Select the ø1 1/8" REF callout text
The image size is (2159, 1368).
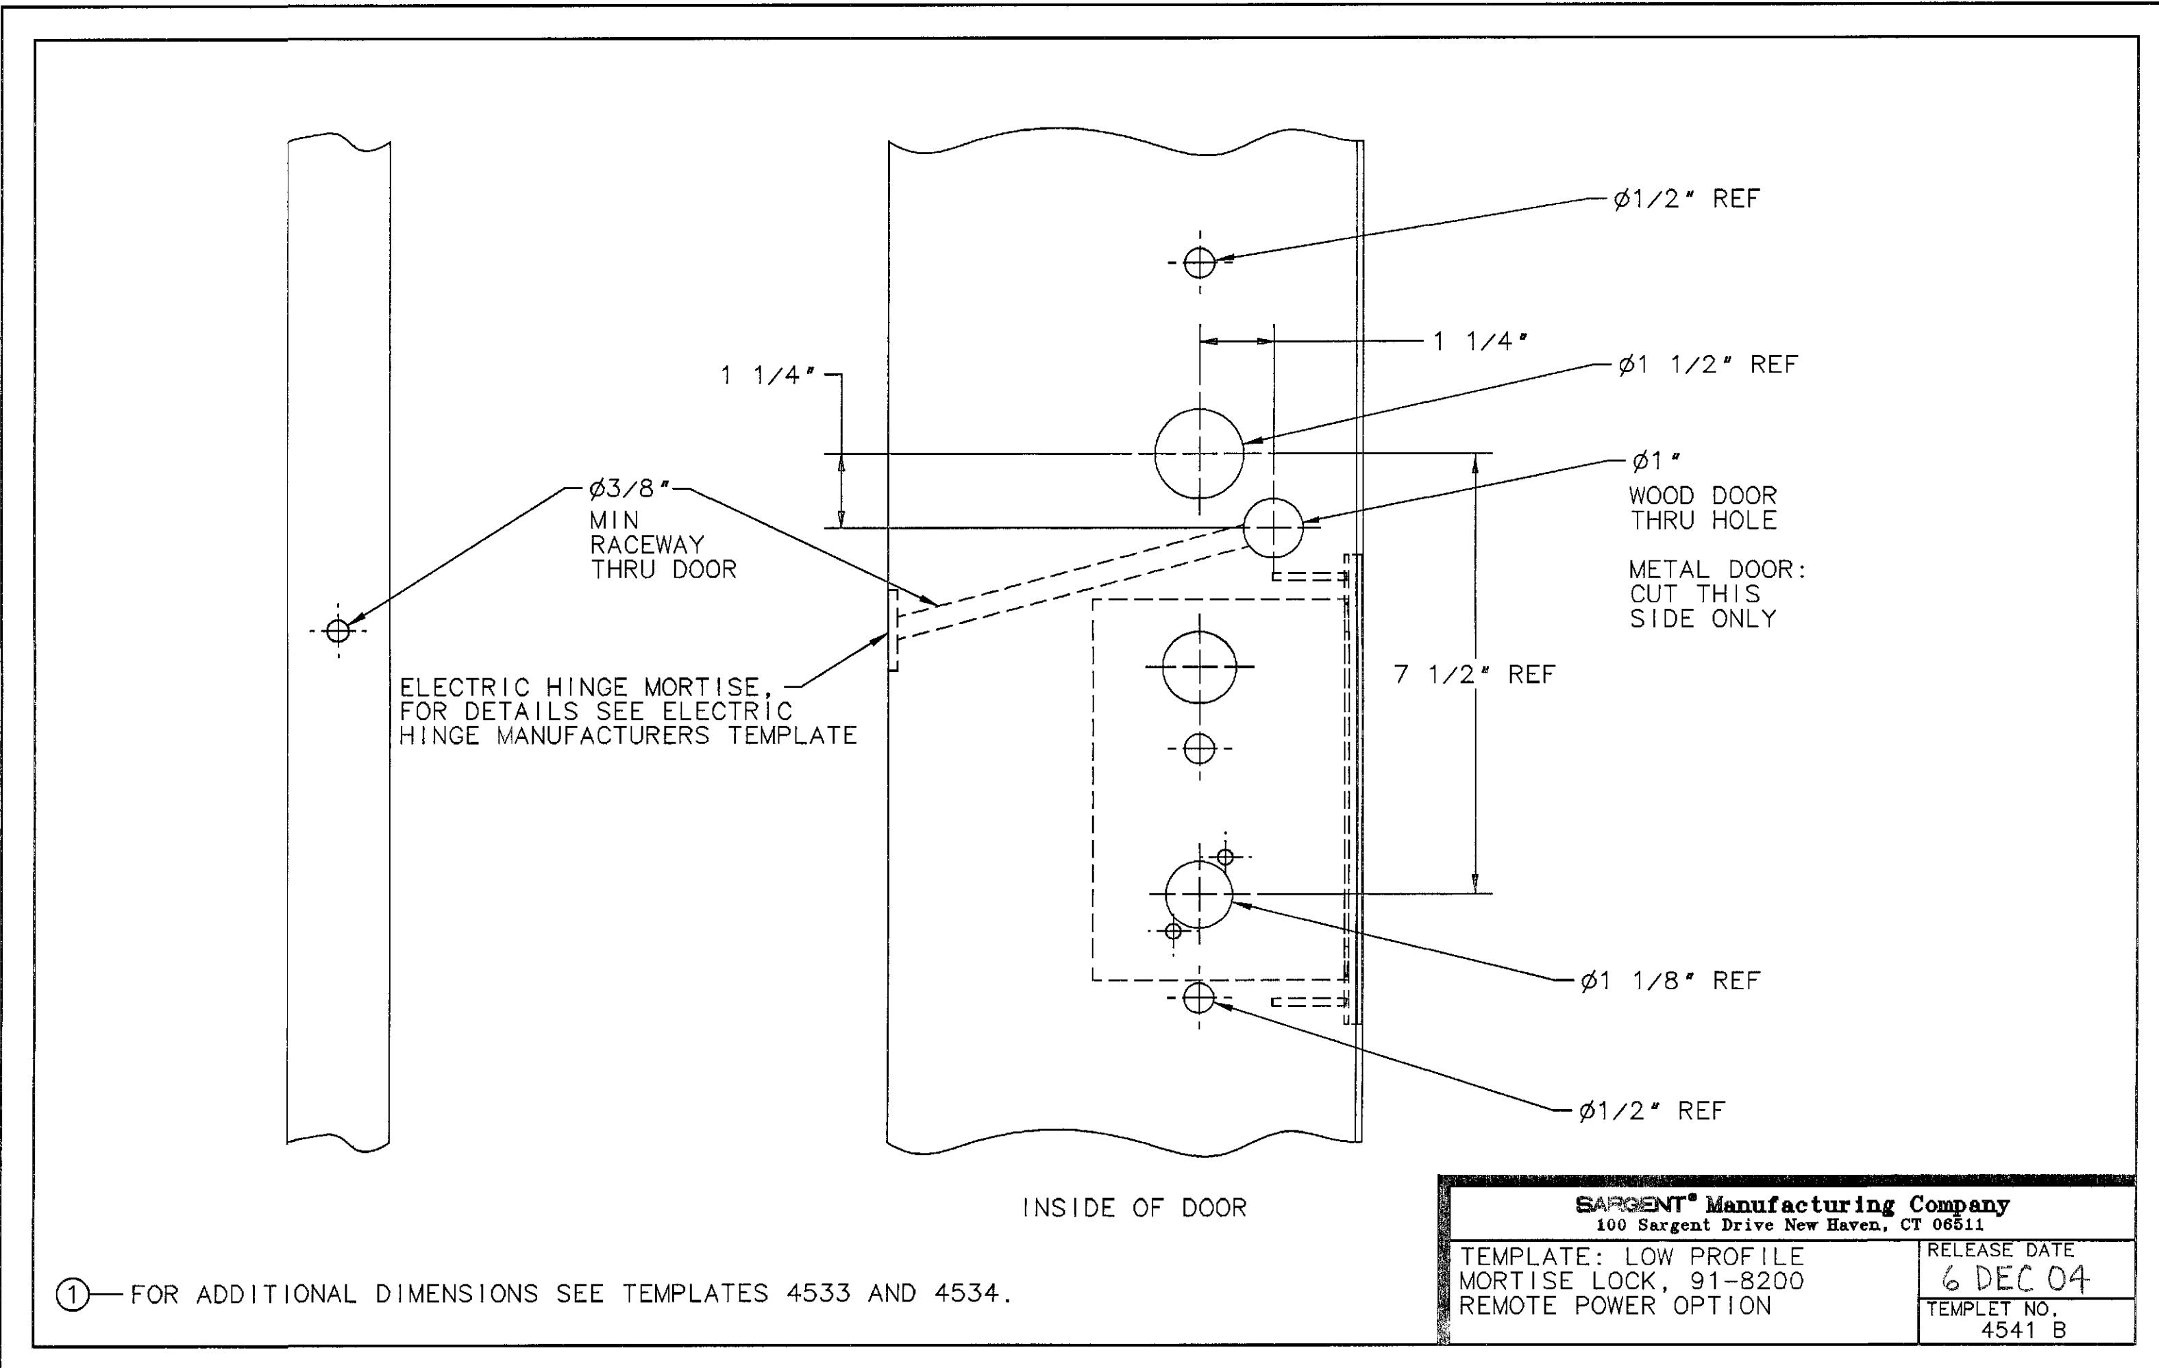click(x=1670, y=981)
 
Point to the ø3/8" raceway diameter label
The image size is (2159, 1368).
click(x=630, y=488)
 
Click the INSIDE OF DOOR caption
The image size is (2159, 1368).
click(x=1134, y=1208)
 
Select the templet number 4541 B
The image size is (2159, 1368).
click(x=2023, y=1330)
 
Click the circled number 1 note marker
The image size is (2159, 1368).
click(x=72, y=1295)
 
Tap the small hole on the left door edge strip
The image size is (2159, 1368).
click(x=338, y=631)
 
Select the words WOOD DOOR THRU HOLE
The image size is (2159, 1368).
click(x=1703, y=508)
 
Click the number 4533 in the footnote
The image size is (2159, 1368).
click(x=817, y=1293)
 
